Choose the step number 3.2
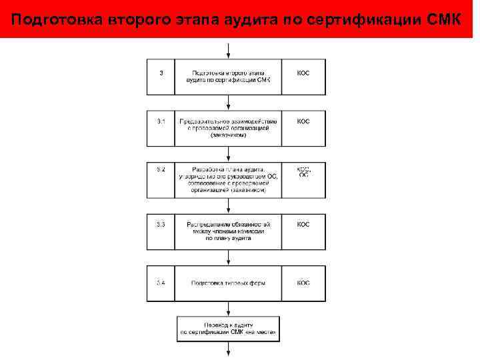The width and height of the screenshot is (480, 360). coord(161,170)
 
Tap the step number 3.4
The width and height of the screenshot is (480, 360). coord(161,283)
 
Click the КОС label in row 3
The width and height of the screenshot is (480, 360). coord(303,72)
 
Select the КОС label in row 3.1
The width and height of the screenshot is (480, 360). coord(303,121)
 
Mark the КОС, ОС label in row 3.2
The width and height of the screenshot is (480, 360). coord(303,172)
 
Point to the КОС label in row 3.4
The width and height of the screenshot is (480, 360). coord(303,283)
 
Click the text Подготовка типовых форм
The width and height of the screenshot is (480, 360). coord(228,283)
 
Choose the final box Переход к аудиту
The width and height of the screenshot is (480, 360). coord(228,327)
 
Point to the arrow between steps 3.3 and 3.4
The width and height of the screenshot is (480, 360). coord(228,257)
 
